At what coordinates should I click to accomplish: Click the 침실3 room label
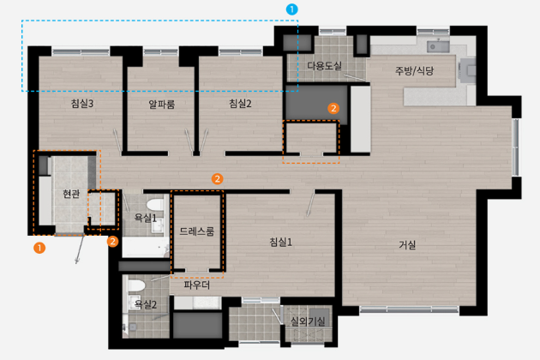pyautogui.click(x=82, y=104)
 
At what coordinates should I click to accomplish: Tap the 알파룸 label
pyautogui.click(x=161, y=104)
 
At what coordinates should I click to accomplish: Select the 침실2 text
pyautogui.click(x=240, y=104)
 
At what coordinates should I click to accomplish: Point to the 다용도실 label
pyautogui.click(x=324, y=65)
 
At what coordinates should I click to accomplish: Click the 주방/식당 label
pyautogui.click(x=414, y=71)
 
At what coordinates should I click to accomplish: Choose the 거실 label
pyautogui.click(x=407, y=245)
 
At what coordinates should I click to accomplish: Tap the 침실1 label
pyautogui.click(x=280, y=243)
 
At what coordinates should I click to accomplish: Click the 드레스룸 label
pyautogui.click(x=197, y=231)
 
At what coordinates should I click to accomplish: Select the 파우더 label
pyautogui.click(x=196, y=285)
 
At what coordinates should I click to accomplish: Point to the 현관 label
pyautogui.click(x=71, y=194)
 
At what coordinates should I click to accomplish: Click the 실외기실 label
pyautogui.click(x=308, y=321)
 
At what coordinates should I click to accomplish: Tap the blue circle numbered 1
pyautogui.click(x=291, y=9)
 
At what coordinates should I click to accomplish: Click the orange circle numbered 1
pyautogui.click(x=39, y=248)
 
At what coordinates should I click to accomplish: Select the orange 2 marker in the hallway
pyautogui.click(x=217, y=179)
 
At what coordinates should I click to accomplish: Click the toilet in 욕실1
pyautogui.click(x=155, y=204)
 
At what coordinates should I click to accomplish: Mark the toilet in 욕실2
pyautogui.click(x=136, y=286)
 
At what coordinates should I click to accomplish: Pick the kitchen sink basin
pyautogui.click(x=438, y=46)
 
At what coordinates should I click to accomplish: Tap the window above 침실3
pyautogui.click(x=81, y=52)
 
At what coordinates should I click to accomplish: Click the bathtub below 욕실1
pyautogui.click(x=146, y=247)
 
